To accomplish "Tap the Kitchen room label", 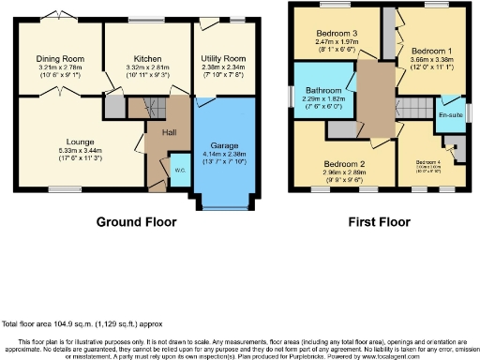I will [142, 58].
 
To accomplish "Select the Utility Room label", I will [222, 58].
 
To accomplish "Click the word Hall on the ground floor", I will [170, 132].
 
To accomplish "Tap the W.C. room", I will [178, 171].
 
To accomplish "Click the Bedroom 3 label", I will [336, 35].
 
